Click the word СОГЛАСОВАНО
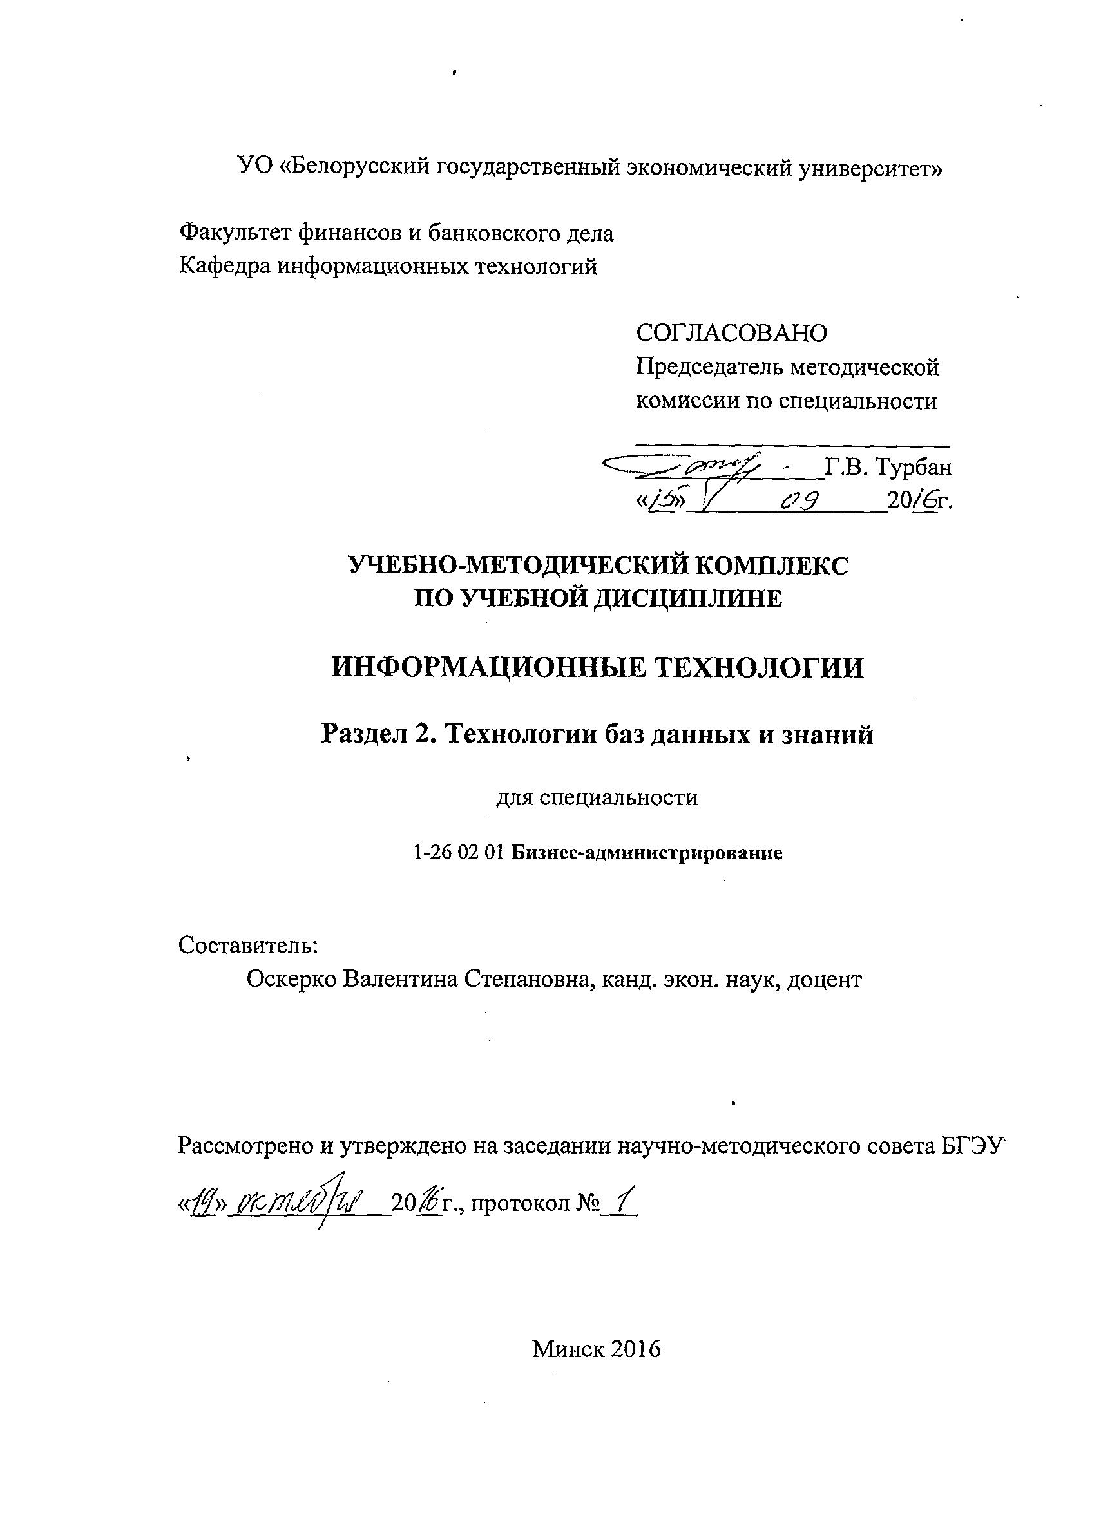pyautogui.click(x=731, y=332)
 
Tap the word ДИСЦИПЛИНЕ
pyautogui.click(x=688, y=598)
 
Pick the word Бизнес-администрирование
pyautogui.click(x=646, y=853)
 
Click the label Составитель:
pyautogui.click(x=248, y=945)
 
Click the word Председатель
pyautogui.click(x=709, y=367)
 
